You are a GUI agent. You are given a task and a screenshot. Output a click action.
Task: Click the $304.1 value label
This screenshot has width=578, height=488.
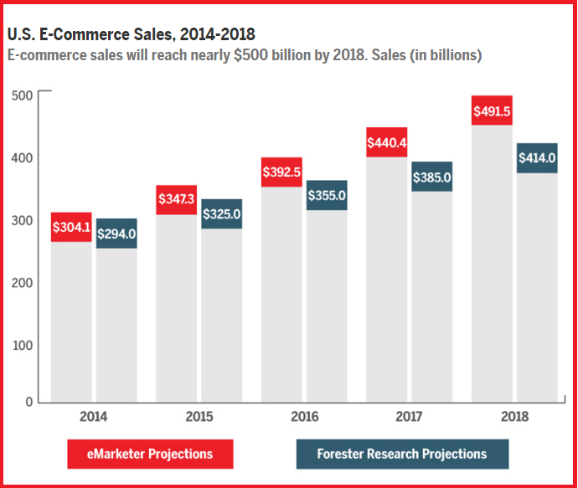click(71, 228)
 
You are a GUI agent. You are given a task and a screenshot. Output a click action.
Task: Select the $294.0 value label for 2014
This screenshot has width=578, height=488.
click(116, 234)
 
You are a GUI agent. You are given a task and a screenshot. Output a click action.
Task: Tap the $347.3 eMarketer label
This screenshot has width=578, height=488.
click(177, 200)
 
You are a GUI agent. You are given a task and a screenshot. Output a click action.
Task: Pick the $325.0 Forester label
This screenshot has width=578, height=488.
click(222, 213)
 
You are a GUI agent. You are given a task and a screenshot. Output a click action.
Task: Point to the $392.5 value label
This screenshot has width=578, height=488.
click(281, 172)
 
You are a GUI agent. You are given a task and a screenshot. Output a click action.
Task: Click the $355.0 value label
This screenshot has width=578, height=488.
click(327, 195)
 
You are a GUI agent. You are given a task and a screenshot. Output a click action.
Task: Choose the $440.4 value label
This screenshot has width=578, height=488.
click(387, 142)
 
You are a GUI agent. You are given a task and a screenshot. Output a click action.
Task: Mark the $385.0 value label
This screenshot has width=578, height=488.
click(432, 177)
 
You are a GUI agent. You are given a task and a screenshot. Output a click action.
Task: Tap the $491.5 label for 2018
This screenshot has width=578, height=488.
click(493, 110)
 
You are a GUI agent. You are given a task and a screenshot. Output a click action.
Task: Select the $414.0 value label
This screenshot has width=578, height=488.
click(538, 157)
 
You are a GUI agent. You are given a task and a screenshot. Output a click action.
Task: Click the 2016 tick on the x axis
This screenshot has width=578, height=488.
click(303, 416)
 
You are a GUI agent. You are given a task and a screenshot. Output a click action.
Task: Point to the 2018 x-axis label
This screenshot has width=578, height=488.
click(513, 416)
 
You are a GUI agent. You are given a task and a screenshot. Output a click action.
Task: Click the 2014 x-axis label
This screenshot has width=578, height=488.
click(93, 416)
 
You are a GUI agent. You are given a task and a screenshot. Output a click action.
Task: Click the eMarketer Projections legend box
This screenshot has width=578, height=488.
click(151, 454)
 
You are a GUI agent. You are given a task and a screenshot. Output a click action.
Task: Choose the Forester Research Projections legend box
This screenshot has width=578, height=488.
click(402, 454)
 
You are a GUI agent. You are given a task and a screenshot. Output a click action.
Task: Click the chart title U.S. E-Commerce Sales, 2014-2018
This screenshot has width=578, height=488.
click(132, 34)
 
